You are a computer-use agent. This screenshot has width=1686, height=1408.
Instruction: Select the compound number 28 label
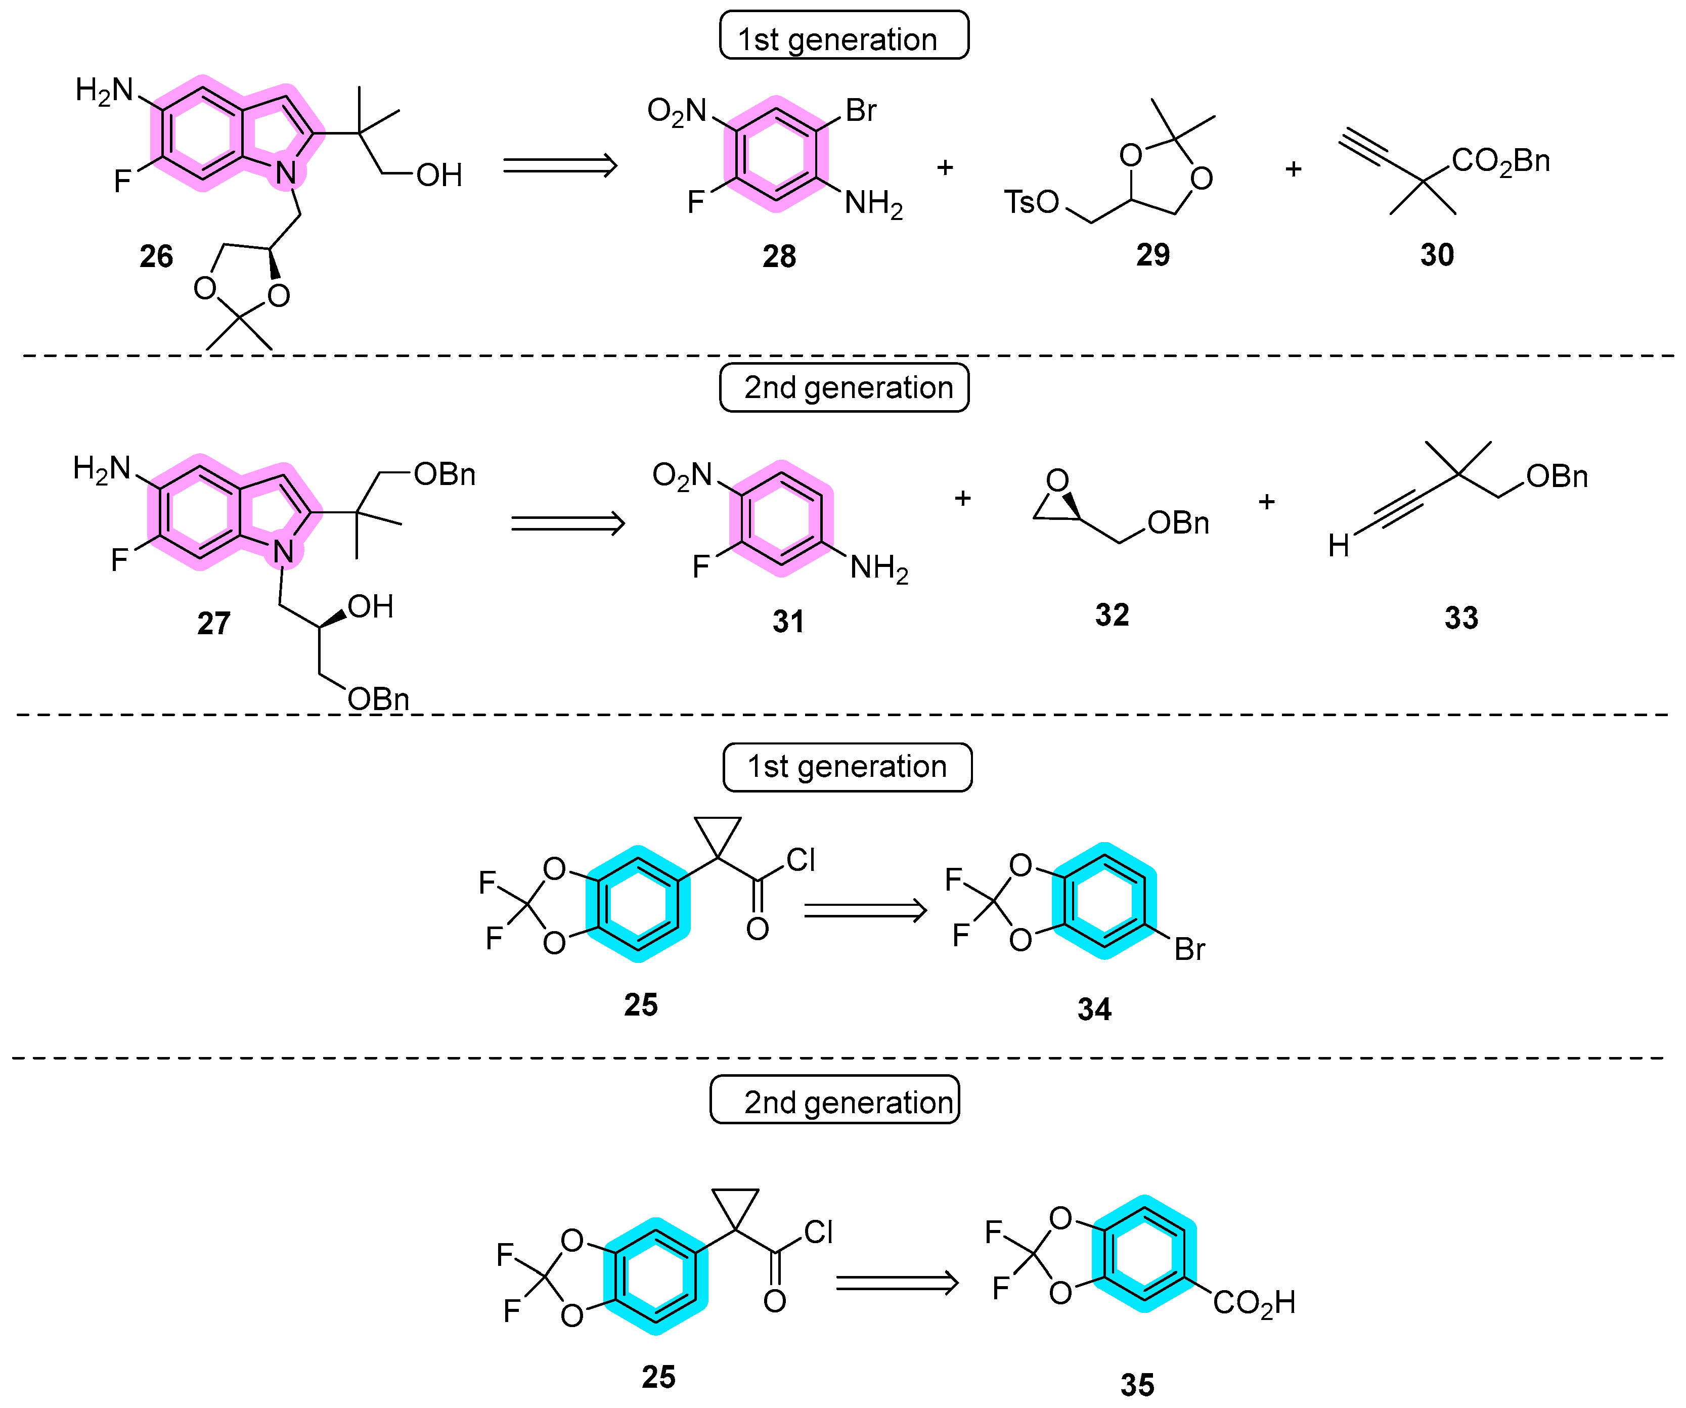point(779,256)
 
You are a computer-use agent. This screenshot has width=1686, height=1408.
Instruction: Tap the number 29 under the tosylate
point(1153,254)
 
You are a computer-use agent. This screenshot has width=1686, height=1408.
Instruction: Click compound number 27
point(213,623)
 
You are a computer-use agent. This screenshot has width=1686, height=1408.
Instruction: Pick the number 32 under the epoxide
point(1112,615)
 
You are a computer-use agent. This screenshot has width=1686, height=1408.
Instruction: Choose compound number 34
point(1094,1009)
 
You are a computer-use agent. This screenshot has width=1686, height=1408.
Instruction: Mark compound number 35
point(1137,1385)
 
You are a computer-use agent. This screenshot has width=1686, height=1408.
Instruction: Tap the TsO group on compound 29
point(1032,202)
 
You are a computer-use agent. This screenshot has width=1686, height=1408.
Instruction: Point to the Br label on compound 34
point(1189,950)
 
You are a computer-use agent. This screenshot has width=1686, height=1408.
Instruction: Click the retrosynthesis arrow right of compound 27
point(567,523)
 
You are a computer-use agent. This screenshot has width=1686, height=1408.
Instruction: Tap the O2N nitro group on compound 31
point(682,475)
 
